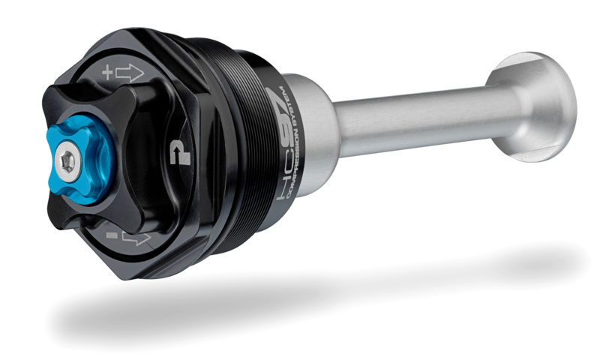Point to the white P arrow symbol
tap(177, 151)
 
